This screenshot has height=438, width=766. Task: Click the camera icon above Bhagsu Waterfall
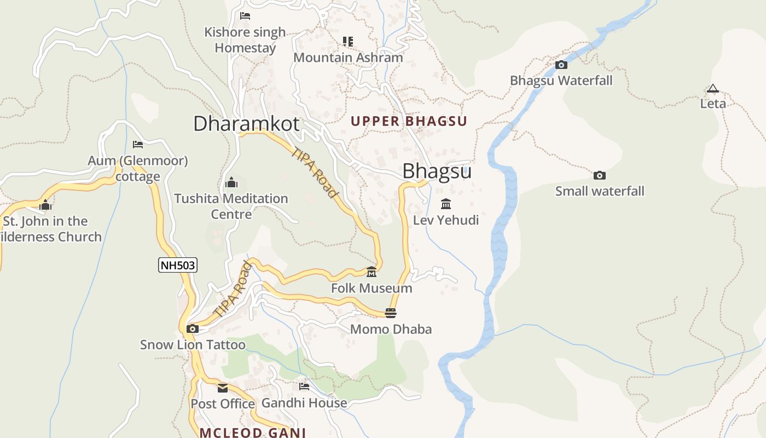pos(561,65)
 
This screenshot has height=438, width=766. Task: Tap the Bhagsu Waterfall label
pos(561,80)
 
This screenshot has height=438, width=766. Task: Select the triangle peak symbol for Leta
pos(712,88)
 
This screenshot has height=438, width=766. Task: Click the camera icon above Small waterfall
pos(600,176)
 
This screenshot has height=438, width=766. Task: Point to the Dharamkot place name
pos(246,124)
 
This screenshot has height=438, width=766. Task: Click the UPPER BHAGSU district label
pos(409,122)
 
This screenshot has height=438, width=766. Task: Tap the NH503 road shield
pos(177,266)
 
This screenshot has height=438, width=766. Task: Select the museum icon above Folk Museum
pos(372,272)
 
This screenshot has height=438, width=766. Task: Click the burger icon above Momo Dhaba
pos(390,313)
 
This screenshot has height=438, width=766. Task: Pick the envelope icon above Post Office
pos(223,388)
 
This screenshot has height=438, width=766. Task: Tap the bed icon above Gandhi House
pos(304,387)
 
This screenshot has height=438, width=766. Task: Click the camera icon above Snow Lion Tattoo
pos(193,329)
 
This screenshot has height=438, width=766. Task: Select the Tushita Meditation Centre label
pos(231,206)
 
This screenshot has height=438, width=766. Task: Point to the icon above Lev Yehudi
pos(446,204)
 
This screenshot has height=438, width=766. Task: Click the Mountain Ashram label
pos(348,57)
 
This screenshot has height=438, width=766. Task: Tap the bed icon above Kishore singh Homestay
pos(245,16)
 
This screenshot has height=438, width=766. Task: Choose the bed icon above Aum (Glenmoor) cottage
pos(138,145)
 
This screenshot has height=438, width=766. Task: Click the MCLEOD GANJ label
pos(252,433)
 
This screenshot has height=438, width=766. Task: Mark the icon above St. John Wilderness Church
pos(45,205)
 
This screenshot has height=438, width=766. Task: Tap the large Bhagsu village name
pos(437,171)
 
